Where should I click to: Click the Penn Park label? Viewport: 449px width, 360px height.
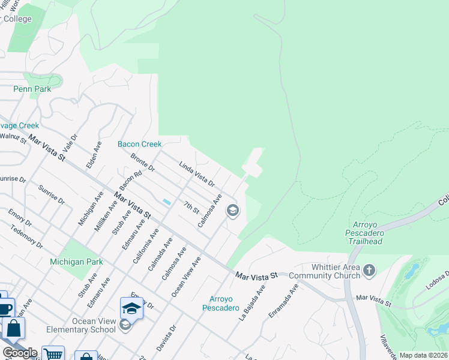pyautogui.click(x=32, y=89)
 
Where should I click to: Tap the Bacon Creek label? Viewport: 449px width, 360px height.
pyautogui.click(x=139, y=144)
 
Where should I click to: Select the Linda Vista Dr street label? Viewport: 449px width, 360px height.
pyautogui.click(x=197, y=174)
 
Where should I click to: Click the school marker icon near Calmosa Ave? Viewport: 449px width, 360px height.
pyautogui.click(x=233, y=211)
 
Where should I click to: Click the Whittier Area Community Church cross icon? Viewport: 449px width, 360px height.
pyautogui.click(x=369, y=271)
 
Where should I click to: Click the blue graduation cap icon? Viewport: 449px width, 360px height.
pyautogui.click(x=131, y=308)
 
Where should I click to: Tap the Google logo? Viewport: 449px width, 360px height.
pyautogui.click(x=19, y=353)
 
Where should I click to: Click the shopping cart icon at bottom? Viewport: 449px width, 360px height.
pyautogui.click(x=53, y=354)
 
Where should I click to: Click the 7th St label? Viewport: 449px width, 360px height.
pyautogui.click(x=191, y=207)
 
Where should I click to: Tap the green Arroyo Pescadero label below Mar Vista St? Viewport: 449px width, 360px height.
pyautogui.click(x=224, y=303)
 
